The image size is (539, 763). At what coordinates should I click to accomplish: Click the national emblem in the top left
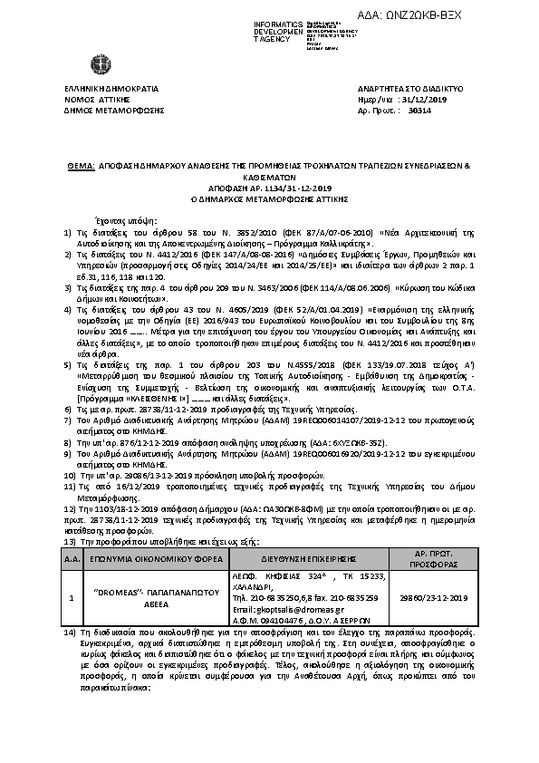[96, 65]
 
